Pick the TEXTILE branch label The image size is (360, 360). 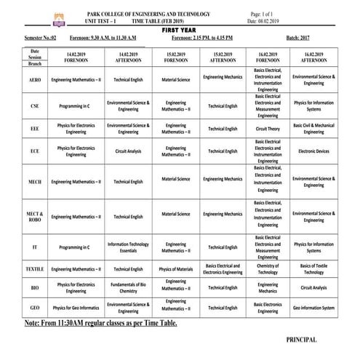click(35, 269)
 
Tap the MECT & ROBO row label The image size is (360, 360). click(35, 215)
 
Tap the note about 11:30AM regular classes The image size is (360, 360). click(100, 322)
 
